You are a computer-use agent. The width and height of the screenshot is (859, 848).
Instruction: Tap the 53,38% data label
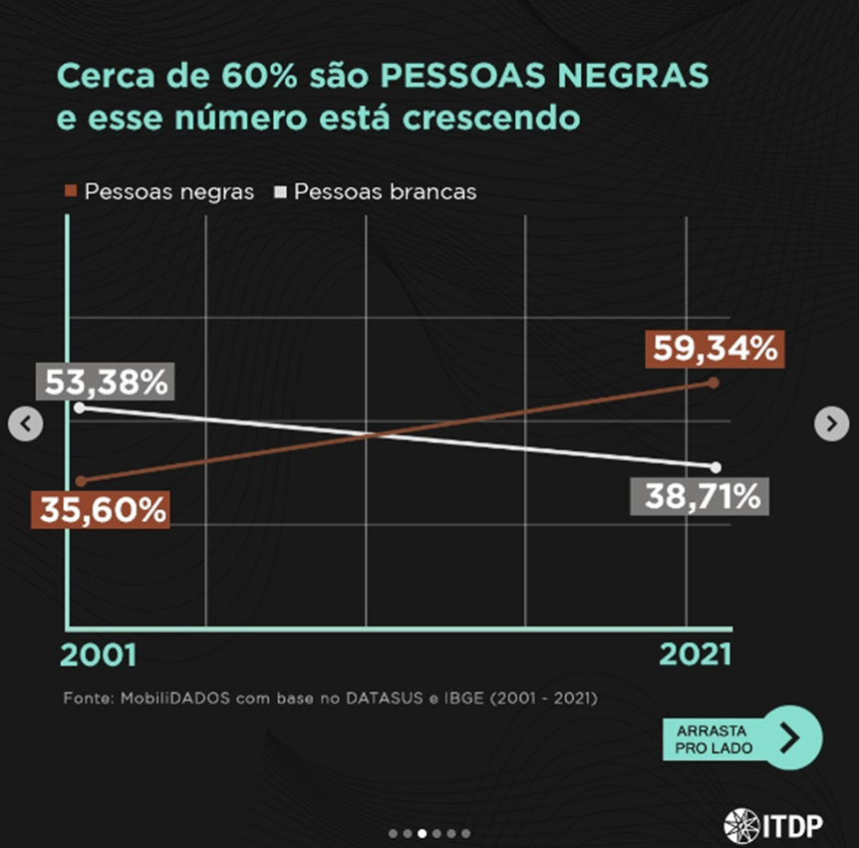[106, 382]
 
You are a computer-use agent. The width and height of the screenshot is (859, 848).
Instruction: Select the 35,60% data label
[102, 510]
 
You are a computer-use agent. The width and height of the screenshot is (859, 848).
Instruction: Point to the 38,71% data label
[702, 495]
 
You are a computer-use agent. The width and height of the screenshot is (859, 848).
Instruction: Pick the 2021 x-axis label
[695, 655]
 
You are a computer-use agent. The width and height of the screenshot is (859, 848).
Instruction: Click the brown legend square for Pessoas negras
[71, 190]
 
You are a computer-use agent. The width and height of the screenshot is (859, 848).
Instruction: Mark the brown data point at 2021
[714, 382]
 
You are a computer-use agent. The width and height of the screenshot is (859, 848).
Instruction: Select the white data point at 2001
[80, 407]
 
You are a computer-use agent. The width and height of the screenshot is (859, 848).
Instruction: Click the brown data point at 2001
[80, 481]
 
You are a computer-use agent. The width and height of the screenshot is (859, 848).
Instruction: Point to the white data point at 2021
[716, 466]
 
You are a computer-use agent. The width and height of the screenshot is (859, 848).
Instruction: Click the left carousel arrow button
[26, 424]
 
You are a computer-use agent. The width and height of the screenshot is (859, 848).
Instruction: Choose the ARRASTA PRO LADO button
[741, 738]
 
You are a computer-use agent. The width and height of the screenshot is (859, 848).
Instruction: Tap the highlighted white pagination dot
[423, 833]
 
